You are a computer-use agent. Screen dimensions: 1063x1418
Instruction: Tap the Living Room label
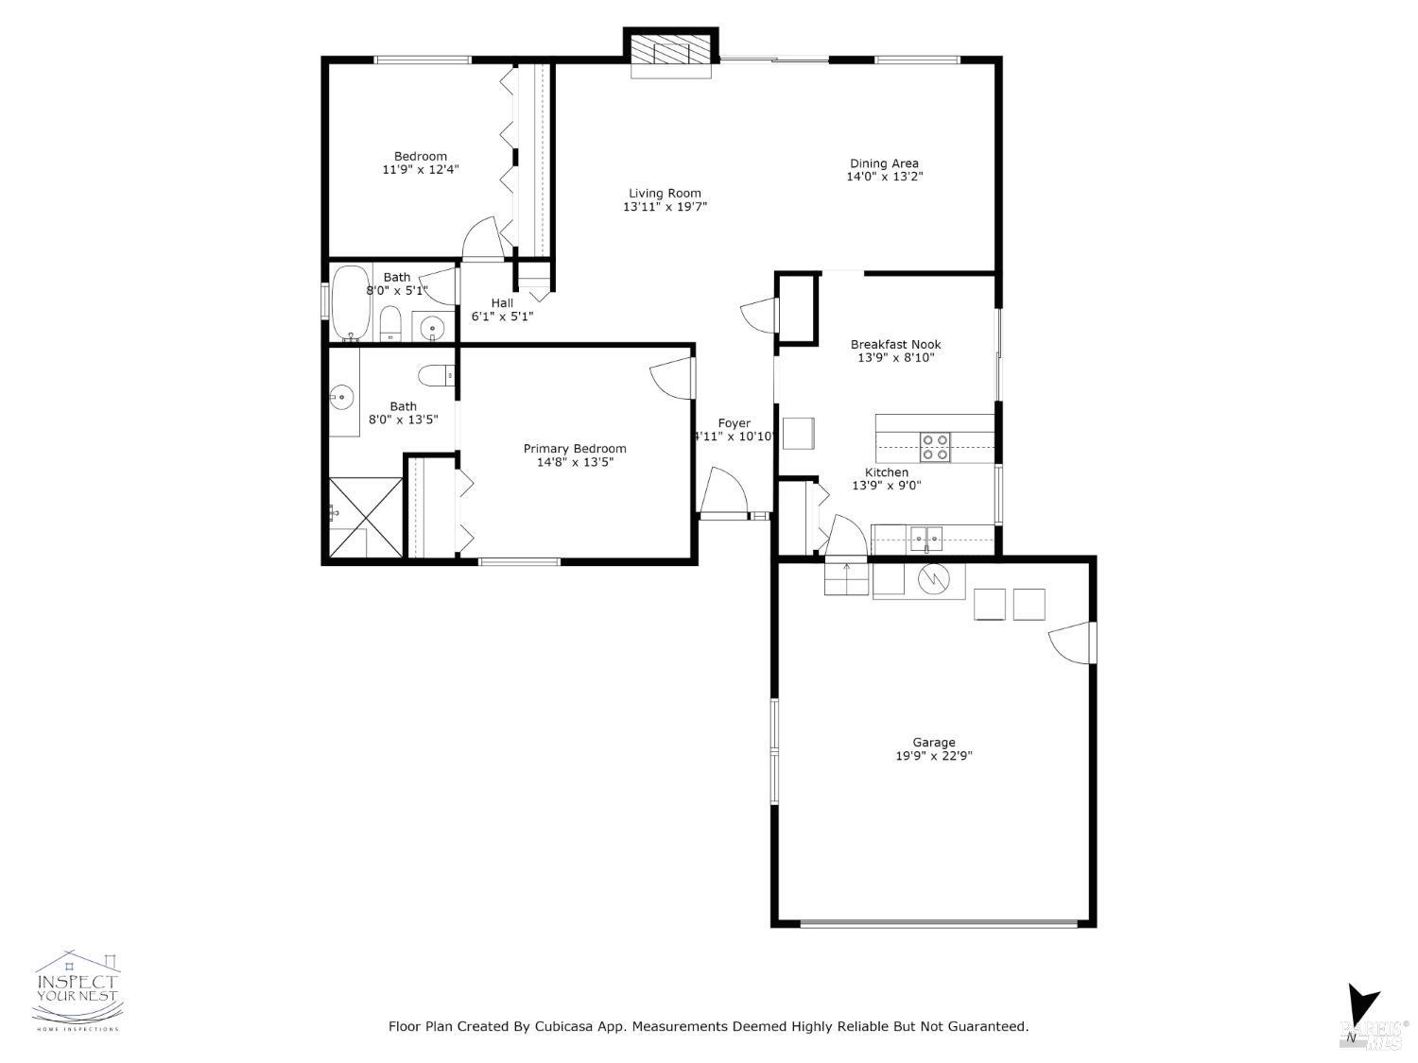pos(665,194)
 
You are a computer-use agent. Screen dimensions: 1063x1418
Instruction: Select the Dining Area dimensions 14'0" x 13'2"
pos(884,177)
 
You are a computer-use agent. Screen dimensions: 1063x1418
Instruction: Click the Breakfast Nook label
pos(895,345)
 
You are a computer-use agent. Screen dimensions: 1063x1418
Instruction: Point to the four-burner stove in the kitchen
pos(935,447)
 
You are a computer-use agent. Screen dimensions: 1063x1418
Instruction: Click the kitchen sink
pos(926,540)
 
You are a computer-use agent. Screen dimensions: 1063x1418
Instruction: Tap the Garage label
pos(933,743)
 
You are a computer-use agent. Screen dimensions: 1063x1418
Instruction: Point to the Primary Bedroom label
pos(575,449)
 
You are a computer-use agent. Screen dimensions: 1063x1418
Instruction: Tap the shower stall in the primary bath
pos(365,517)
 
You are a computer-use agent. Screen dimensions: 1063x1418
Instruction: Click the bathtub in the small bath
pos(351,302)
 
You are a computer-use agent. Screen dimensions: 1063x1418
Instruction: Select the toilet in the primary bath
pos(437,375)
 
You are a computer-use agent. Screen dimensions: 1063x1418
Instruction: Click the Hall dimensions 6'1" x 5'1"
pos(502,317)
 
